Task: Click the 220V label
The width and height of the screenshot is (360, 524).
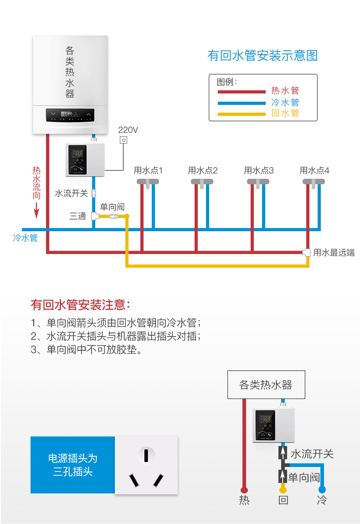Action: click(x=128, y=130)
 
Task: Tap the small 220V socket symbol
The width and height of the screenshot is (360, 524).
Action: click(x=123, y=140)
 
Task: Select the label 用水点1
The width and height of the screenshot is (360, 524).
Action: click(x=148, y=171)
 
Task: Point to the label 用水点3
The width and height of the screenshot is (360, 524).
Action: click(x=259, y=171)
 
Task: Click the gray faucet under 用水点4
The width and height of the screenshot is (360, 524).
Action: click(x=314, y=182)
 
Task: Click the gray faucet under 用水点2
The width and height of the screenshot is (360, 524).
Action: click(x=202, y=182)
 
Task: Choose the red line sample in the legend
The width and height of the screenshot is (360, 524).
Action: click(x=241, y=92)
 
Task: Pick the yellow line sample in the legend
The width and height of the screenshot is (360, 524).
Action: click(x=241, y=114)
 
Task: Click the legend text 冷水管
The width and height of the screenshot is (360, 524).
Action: click(x=285, y=102)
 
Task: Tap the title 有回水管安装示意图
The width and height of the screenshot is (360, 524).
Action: click(x=262, y=56)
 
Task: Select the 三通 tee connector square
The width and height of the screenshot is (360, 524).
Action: click(x=95, y=216)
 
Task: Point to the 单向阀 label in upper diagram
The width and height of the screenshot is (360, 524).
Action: click(x=112, y=207)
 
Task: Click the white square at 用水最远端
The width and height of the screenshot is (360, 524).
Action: click(x=306, y=252)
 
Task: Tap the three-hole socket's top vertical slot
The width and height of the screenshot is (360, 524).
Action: click(x=146, y=455)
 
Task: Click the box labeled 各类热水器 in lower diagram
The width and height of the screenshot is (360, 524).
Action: click(x=266, y=384)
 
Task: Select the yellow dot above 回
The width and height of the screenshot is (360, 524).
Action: click(x=283, y=490)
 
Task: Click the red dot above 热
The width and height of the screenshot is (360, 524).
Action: click(x=244, y=490)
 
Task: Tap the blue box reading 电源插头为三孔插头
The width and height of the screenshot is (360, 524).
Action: click(x=73, y=464)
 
